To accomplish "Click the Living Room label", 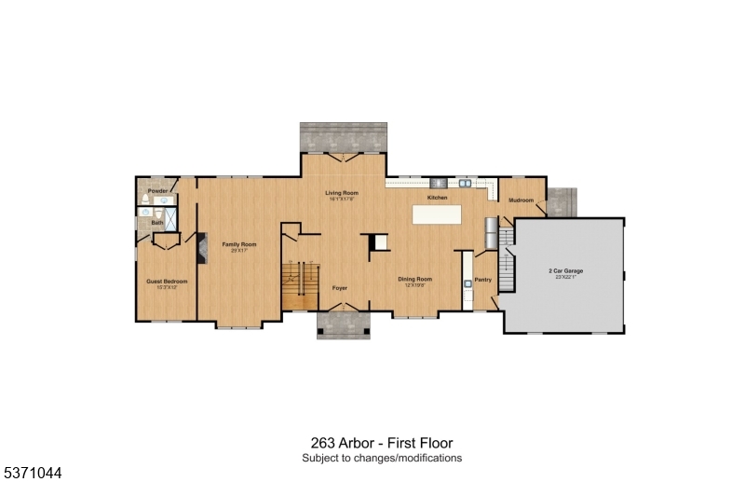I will pyautogui.click(x=342, y=193).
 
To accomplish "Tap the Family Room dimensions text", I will pyautogui.click(x=239, y=251).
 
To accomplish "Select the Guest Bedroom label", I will pyautogui.click(x=167, y=281).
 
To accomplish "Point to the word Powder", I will pyautogui.click(x=156, y=190).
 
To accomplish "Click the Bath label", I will pyautogui.click(x=156, y=223).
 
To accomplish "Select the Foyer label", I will pyautogui.click(x=340, y=288).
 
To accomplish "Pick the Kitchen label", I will pyautogui.click(x=437, y=199).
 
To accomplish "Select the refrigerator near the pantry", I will pyautogui.click(x=491, y=233).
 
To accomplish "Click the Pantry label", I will pyautogui.click(x=482, y=280).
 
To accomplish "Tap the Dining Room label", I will pyautogui.click(x=415, y=279).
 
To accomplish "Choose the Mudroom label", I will pyautogui.click(x=521, y=200).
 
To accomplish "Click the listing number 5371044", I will pyautogui.click(x=32, y=473).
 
